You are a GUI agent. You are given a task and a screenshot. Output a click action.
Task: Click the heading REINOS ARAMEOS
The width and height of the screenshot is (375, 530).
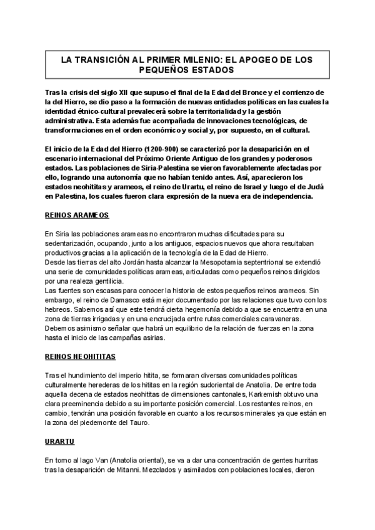coord(77,214)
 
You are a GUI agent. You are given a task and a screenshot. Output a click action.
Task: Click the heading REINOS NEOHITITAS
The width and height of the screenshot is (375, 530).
coord(81,356)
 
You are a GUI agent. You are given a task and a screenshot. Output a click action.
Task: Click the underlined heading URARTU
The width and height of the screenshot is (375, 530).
coord(60,442)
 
